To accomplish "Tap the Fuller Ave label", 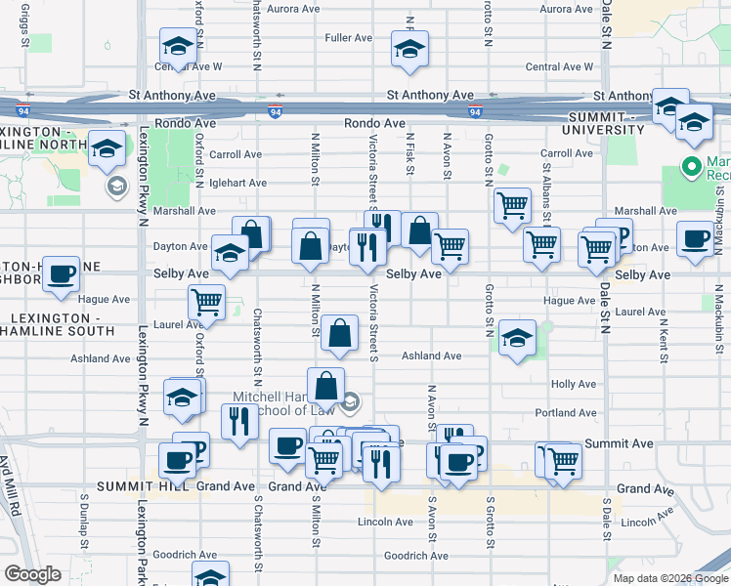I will [x=350, y=38].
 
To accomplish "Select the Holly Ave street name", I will [x=574, y=384].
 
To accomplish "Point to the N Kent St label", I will [x=665, y=338].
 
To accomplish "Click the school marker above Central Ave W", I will [x=179, y=46].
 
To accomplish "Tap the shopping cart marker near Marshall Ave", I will [x=511, y=206].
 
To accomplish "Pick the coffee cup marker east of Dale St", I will [x=696, y=239].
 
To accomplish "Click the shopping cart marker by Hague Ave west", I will [x=206, y=304].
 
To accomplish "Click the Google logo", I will [x=33, y=574].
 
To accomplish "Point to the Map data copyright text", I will [x=669, y=578].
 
